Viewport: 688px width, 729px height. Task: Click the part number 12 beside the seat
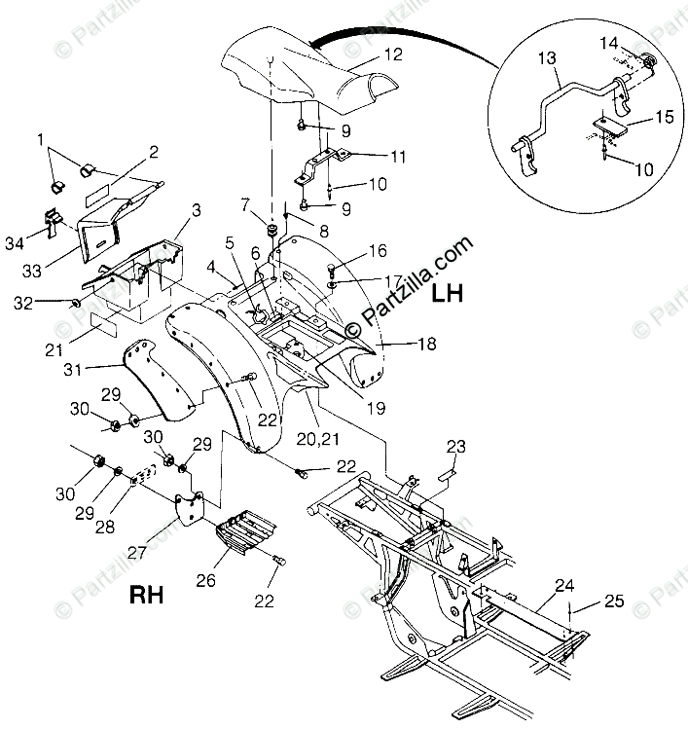tap(392, 55)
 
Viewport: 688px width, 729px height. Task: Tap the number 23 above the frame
tap(456, 447)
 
